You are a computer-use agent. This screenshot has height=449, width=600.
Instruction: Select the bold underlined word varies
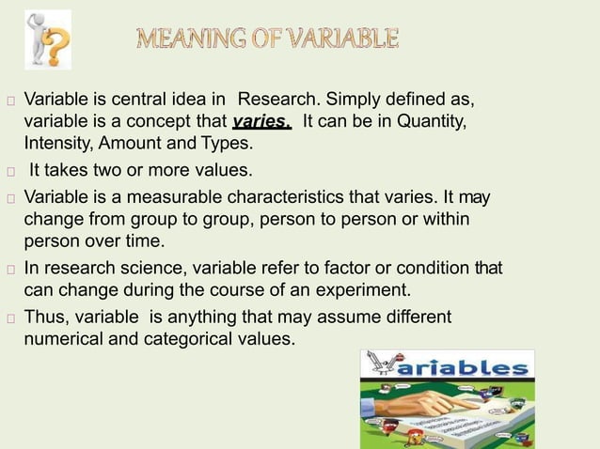pos(261,123)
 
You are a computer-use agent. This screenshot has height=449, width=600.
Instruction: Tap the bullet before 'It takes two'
pos(9,173)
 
